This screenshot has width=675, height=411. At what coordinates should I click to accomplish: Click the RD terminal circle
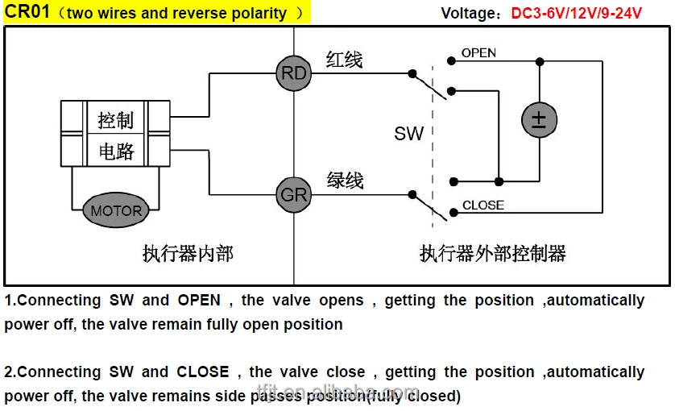pyautogui.click(x=293, y=73)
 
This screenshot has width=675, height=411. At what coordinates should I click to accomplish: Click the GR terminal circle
pyautogui.click(x=293, y=194)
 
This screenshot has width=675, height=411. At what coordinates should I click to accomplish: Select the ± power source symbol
pyautogui.click(x=538, y=120)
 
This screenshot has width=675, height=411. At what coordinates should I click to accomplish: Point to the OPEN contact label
pyautogui.click(x=478, y=53)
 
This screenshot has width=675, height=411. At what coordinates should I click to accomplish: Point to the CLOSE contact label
pyautogui.click(x=482, y=205)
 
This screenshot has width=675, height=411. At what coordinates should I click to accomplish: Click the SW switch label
pyautogui.click(x=408, y=134)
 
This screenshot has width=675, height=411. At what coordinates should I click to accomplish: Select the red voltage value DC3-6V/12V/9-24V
pyautogui.click(x=576, y=14)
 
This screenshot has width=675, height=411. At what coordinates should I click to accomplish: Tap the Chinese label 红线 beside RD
pyautogui.click(x=344, y=60)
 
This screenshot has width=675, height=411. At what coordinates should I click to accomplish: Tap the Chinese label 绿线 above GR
pyautogui.click(x=345, y=180)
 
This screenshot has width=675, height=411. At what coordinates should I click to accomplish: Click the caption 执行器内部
pyautogui.click(x=188, y=254)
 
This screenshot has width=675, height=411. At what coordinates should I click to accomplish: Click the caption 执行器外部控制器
pyautogui.click(x=492, y=254)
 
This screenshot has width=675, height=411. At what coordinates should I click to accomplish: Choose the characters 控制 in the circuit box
pyautogui.click(x=115, y=120)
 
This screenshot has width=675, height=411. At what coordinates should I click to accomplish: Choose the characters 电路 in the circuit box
pyautogui.click(x=115, y=151)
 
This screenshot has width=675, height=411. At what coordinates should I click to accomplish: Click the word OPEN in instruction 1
pyautogui.click(x=199, y=300)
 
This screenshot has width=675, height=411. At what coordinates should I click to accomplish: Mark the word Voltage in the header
pyautogui.click(x=470, y=14)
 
